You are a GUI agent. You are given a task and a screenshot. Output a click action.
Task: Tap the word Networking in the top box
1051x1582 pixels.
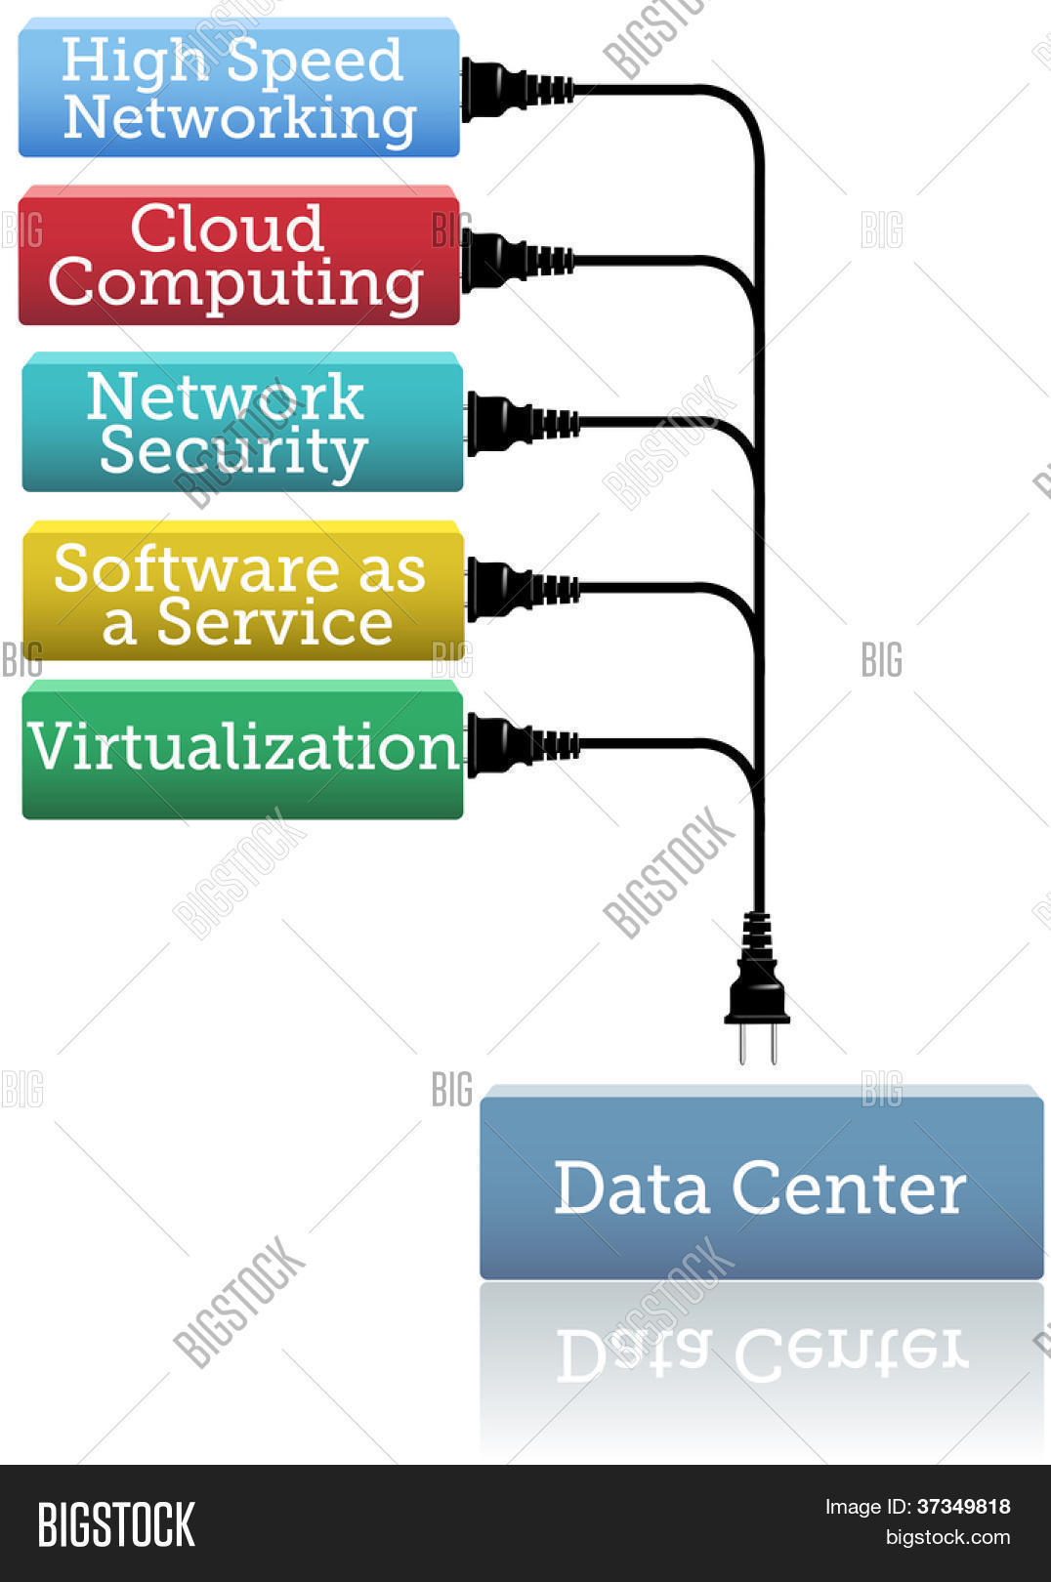[240, 120]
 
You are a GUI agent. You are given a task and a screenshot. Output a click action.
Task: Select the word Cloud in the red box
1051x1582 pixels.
[228, 229]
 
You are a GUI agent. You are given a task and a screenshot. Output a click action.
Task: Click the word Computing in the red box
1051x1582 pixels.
[236, 286]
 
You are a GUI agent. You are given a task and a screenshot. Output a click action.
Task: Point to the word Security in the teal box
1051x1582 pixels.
[233, 453]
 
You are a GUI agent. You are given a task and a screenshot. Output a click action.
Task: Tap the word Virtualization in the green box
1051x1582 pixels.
[244, 746]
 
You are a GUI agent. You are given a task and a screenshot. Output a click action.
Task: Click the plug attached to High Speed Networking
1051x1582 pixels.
[517, 90]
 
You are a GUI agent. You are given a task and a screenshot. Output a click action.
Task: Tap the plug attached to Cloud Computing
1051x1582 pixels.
[517, 261]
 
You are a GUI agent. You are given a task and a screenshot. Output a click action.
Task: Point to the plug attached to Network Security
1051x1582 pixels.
[523, 424]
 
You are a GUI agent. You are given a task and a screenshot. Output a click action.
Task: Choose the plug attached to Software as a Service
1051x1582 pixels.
[523, 590]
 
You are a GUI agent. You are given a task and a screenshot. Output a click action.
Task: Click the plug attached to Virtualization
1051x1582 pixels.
[523, 745]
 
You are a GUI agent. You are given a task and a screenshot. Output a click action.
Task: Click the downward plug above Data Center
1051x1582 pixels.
[757, 987]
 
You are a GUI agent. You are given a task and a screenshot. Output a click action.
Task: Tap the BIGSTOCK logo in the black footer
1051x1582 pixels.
[116, 1525]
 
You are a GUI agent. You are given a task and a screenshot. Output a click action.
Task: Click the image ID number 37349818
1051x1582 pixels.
[963, 1507]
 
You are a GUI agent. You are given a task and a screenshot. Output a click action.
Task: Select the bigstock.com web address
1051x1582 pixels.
[947, 1537]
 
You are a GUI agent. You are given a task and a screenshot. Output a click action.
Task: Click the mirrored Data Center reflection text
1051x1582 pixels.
[763, 1353]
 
